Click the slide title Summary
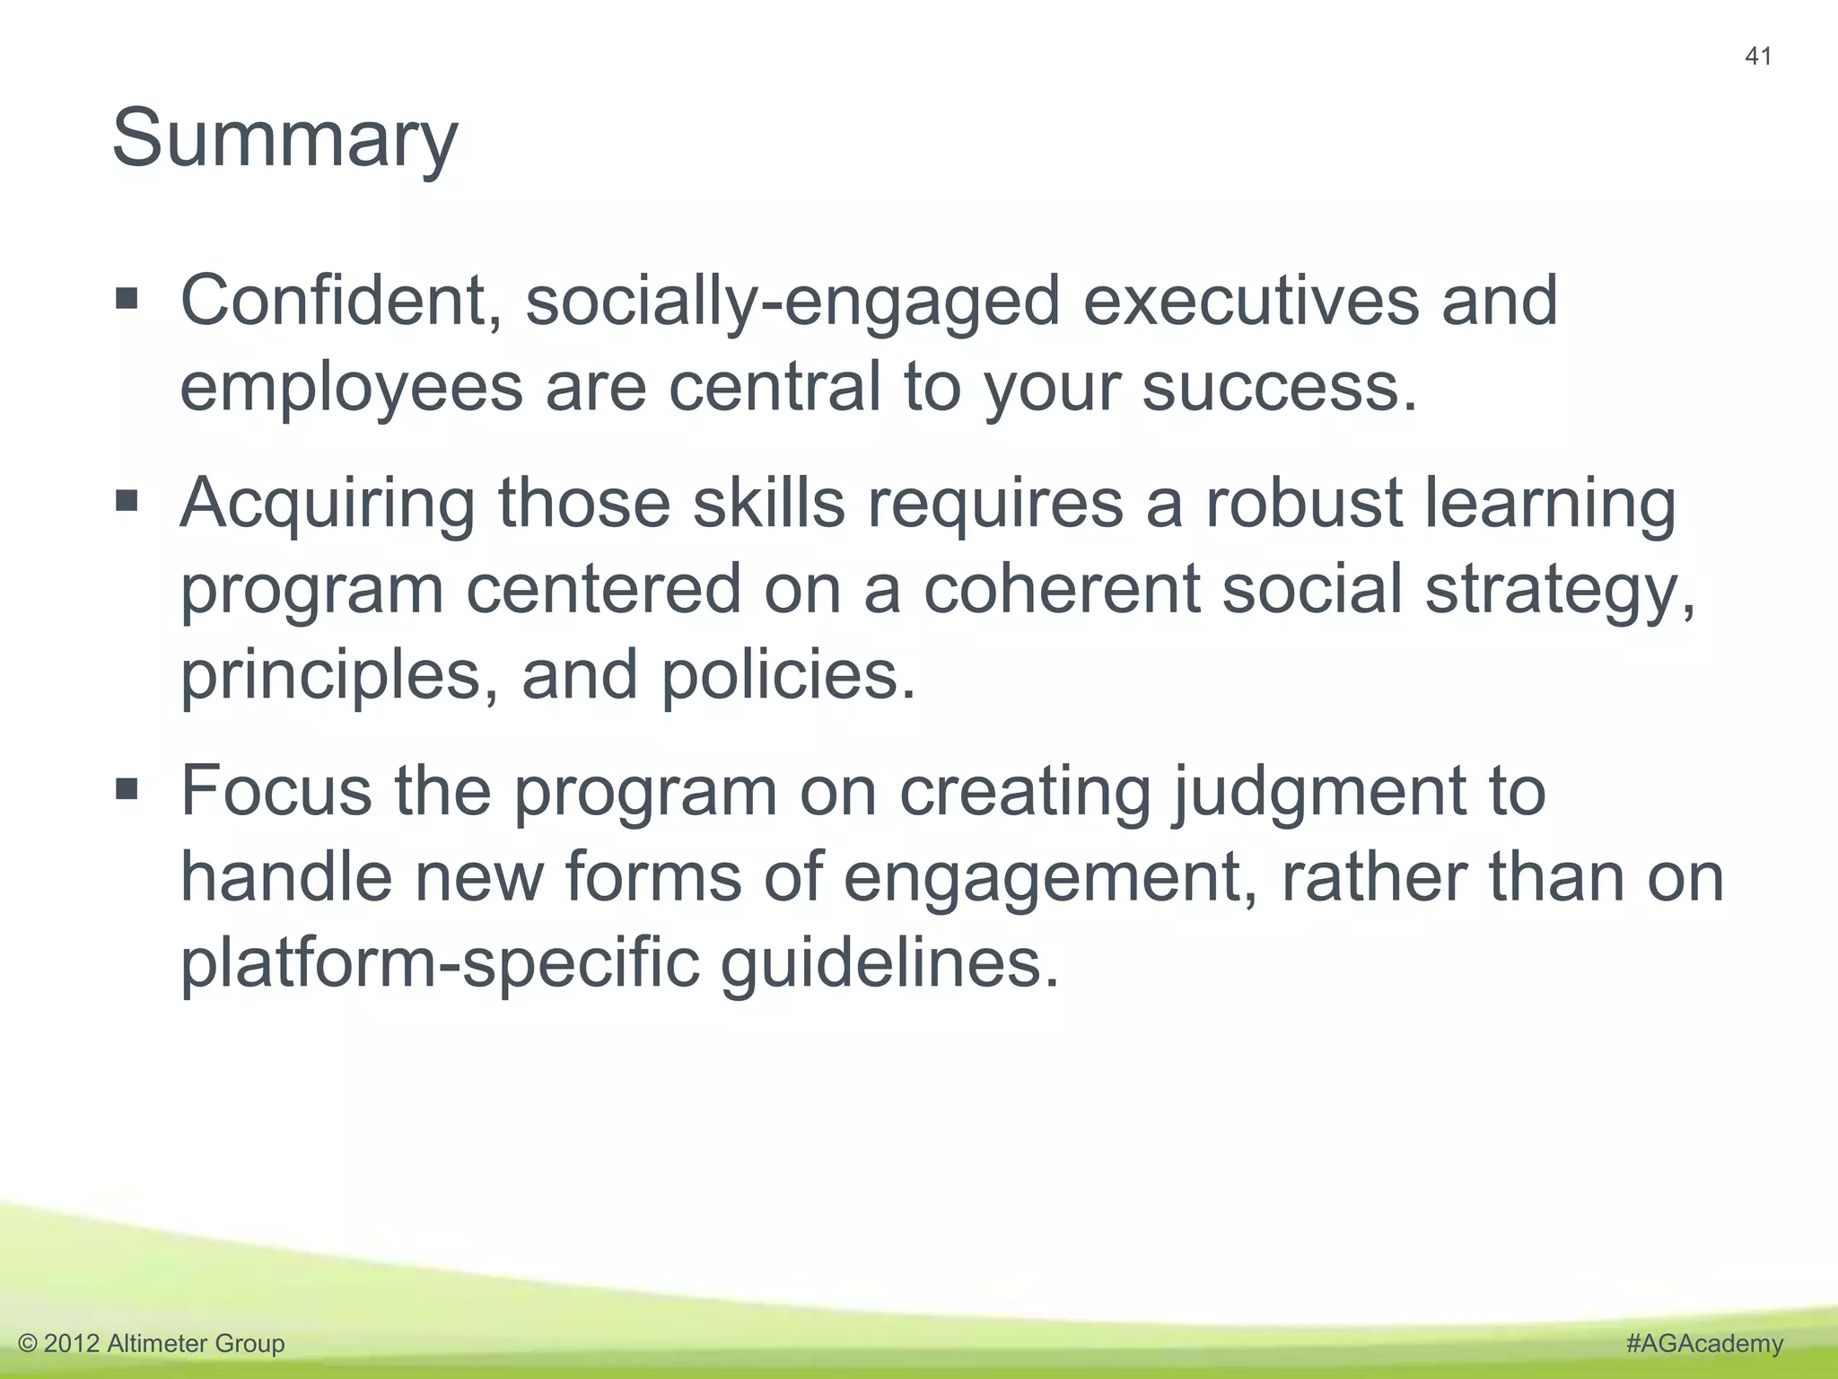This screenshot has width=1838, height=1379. (284, 139)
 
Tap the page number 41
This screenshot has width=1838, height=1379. (1758, 57)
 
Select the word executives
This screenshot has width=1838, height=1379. (1251, 301)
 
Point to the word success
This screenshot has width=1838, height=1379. (1280, 388)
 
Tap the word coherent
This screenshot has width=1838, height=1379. (1062, 589)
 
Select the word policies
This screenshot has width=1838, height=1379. (789, 675)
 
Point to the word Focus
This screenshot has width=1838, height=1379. (276, 791)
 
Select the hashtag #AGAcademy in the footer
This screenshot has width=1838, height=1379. (1704, 1343)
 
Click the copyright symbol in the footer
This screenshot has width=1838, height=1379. (28, 1344)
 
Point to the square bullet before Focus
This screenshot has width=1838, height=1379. (127, 789)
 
